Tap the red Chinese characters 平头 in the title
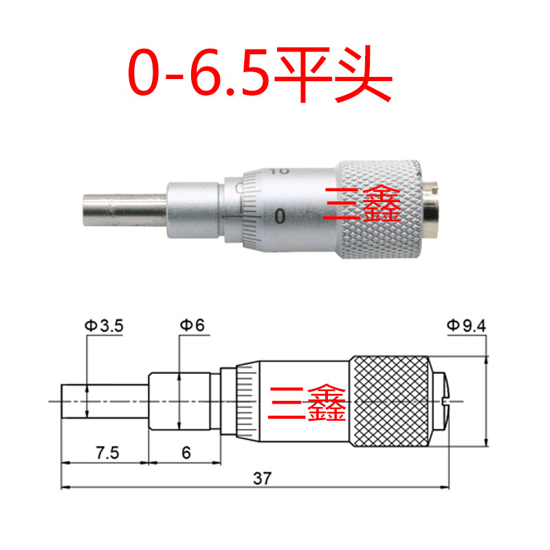pos(333,74)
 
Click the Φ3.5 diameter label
pos(104,326)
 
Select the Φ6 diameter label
pos(192,325)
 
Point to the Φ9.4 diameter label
pos(467,326)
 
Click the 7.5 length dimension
pos(108,453)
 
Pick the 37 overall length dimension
pos(263,478)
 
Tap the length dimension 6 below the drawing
pos(186,453)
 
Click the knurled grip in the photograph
pos(381,210)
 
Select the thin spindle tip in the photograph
pos(125,209)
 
